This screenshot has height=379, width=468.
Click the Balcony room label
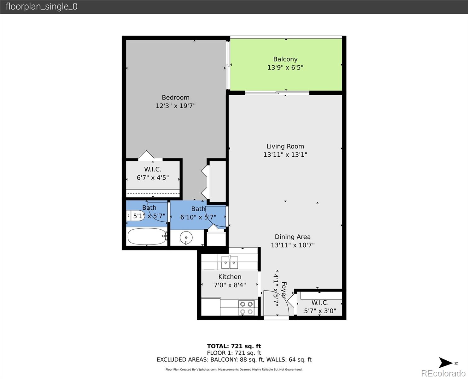285,59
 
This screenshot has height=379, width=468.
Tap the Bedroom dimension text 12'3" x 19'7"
175,106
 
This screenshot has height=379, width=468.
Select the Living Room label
285,146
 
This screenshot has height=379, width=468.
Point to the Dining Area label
292,237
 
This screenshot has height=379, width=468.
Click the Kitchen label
230,277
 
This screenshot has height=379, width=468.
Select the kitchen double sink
229,262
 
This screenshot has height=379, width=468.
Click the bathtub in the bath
147,237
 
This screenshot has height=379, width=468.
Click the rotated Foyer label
284,290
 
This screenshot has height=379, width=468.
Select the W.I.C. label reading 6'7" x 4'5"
153,173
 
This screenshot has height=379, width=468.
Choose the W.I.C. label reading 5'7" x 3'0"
320,307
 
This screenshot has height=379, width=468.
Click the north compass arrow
446,363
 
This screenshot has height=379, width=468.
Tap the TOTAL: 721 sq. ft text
234,346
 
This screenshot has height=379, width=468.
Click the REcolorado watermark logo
443,373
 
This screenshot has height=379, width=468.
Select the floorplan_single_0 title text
41,7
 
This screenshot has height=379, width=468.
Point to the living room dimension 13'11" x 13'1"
285,154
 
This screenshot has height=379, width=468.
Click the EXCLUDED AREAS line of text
234,359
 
